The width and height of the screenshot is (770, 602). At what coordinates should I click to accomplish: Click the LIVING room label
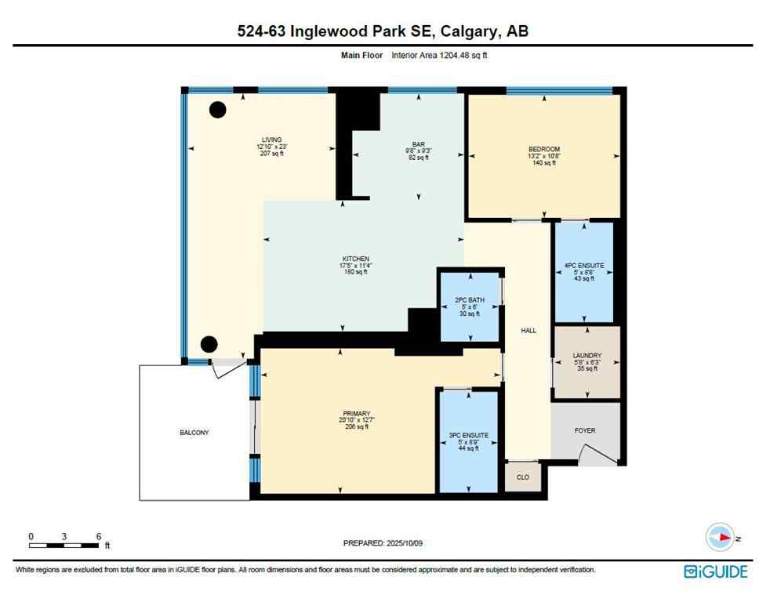click(x=271, y=140)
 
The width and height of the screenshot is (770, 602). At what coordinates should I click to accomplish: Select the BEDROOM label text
click(x=543, y=150)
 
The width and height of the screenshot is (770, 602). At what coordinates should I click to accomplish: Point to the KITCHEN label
click(x=354, y=259)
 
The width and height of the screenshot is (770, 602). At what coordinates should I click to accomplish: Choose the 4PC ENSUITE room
click(x=584, y=272)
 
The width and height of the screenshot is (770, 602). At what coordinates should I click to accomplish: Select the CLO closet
click(x=523, y=476)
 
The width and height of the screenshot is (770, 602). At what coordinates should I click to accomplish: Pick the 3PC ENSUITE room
click(x=469, y=441)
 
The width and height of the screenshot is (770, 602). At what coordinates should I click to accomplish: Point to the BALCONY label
click(x=194, y=433)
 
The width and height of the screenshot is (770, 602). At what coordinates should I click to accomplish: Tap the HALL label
click(x=528, y=331)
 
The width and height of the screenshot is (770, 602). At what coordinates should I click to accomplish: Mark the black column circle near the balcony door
click(x=209, y=343)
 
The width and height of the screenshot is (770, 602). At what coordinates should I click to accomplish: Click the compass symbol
click(x=720, y=537)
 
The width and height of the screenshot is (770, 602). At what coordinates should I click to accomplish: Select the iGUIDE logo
click(x=716, y=571)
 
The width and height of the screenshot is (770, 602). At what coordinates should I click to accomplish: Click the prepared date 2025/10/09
click(x=388, y=543)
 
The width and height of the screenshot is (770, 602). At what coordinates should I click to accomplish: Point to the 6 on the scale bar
click(x=98, y=536)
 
